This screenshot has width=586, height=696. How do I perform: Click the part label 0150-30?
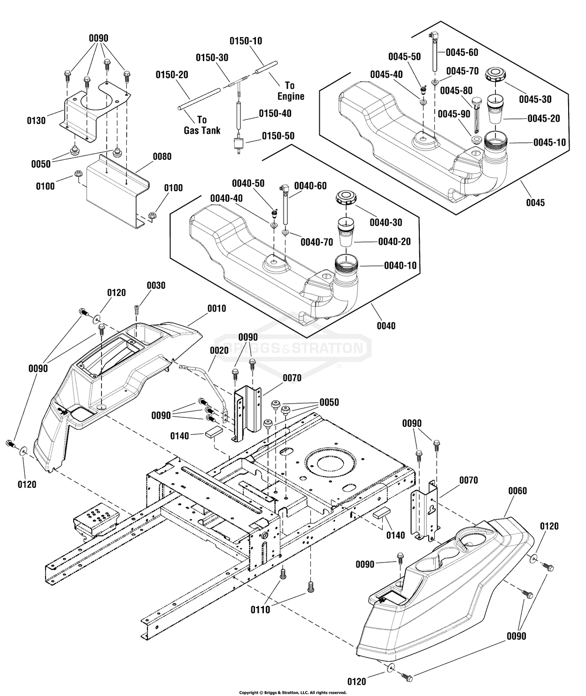pyautogui.click(x=212, y=58)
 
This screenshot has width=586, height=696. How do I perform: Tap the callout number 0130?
pyautogui.click(x=36, y=120)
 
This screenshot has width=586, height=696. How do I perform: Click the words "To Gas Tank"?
pyautogui.click(x=202, y=125)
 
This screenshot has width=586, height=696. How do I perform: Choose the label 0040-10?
pyautogui.click(x=400, y=266)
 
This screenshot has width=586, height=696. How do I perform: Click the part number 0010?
pyautogui.click(x=216, y=308)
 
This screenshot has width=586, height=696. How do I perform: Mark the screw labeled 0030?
pyautogui.click(x=136, y=310)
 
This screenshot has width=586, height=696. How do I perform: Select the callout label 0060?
pyautogui.click(x=518, y=491)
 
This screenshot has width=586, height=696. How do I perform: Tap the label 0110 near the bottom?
pyautogui.click(x=261, y=610)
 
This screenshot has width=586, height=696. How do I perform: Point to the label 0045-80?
pyautogui.click(x=456, y=91)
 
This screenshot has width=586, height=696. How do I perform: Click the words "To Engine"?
pyautogui.click(x=291, y=91)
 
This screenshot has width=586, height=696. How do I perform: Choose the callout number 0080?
pyautogui.click(x=162, y=156)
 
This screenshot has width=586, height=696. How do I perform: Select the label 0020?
pyautogui.click(x=219, y=350)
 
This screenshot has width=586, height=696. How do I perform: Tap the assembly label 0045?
pyautogui.click(x=535, y=203)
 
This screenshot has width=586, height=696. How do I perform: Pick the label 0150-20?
pyautogui.click(x=172, y=75)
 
